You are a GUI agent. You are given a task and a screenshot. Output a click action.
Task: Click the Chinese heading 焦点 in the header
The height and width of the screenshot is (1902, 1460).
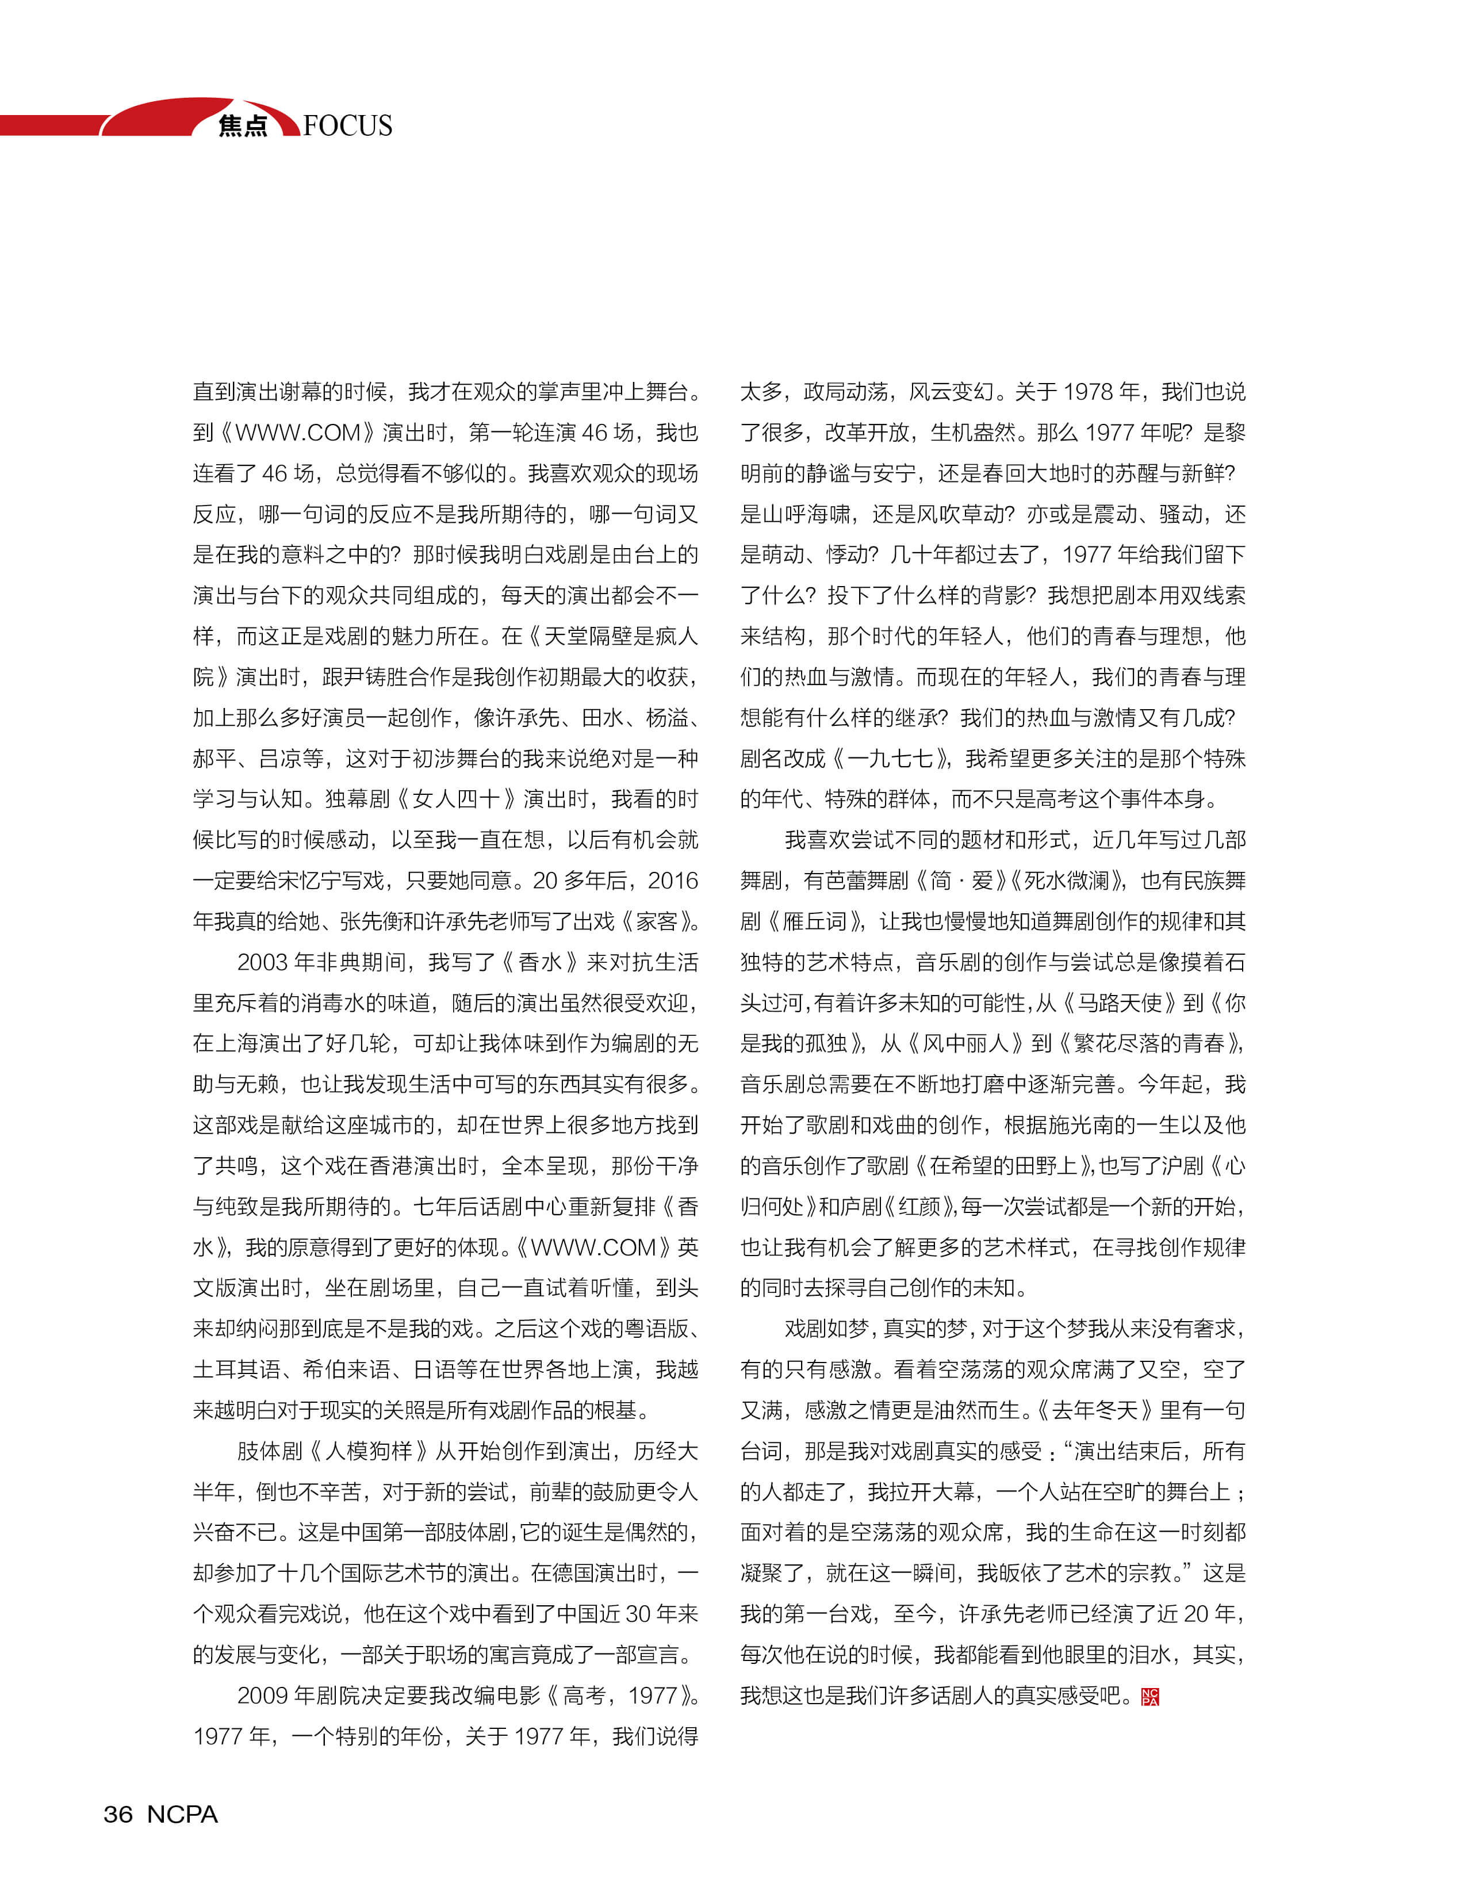click(243, 126)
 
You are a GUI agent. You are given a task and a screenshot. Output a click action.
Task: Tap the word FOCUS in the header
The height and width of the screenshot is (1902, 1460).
click(348, 126)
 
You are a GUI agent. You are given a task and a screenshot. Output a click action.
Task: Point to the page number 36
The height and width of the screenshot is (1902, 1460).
click(118, 1814)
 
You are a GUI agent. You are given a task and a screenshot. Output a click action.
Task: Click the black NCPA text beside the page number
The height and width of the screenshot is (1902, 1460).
click(182, 1814)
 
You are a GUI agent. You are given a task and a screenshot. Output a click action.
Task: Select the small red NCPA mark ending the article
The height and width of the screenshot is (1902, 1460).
click(1149, 1696)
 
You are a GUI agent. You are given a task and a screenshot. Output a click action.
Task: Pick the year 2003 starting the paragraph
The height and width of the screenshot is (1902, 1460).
click(262, 962)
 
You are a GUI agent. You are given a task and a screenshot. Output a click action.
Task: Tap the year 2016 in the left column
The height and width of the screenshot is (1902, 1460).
click(673, 881)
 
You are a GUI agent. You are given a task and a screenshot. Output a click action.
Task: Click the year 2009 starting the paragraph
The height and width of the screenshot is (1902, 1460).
click(262, 1695)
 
